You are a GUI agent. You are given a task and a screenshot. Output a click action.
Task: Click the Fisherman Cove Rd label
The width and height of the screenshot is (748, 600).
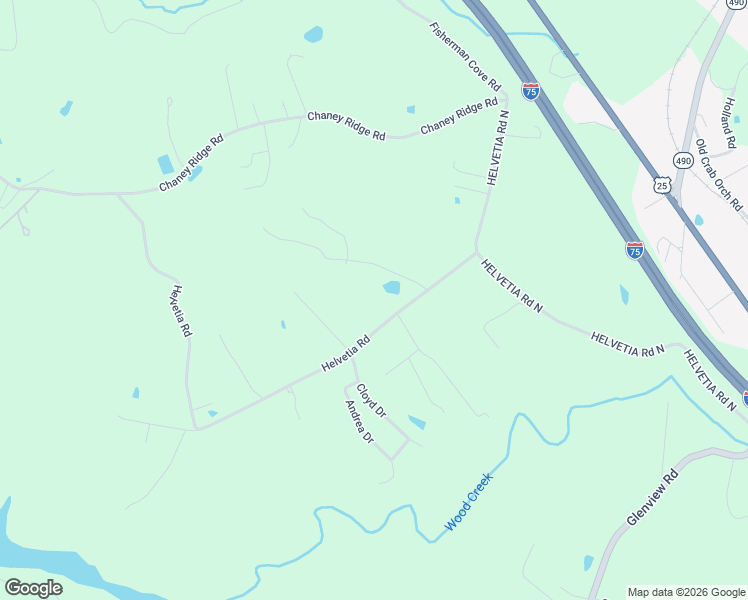point(466,58)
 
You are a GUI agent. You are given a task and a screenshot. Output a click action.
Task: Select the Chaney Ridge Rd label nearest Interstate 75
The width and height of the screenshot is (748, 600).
point(459,116)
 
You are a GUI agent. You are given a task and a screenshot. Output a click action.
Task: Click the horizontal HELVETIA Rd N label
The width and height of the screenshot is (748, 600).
point(628,343)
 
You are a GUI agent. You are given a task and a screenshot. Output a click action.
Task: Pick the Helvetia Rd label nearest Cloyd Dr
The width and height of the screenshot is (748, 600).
point(346,355)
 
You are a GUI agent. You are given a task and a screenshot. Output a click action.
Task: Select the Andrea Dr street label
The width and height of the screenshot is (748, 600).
point(358,423)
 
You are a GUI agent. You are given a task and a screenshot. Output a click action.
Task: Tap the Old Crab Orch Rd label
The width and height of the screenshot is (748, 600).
point(719,175)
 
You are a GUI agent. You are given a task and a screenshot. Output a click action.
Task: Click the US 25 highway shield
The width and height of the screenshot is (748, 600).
point(661,184)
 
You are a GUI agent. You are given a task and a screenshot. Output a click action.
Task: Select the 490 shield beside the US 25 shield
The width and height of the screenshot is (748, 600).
point(683,160)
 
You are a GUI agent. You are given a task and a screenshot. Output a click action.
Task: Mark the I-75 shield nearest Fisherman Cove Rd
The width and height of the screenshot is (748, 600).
point(530,91)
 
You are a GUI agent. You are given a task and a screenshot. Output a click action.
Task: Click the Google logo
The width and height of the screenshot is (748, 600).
point(33,588)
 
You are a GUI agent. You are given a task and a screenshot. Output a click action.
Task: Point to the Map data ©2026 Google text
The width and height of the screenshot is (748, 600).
point(686,592)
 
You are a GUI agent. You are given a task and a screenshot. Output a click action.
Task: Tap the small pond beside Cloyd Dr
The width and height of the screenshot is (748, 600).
point(416,423)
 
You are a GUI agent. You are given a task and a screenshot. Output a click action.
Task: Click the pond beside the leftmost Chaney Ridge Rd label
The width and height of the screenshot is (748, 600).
point(165,165)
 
